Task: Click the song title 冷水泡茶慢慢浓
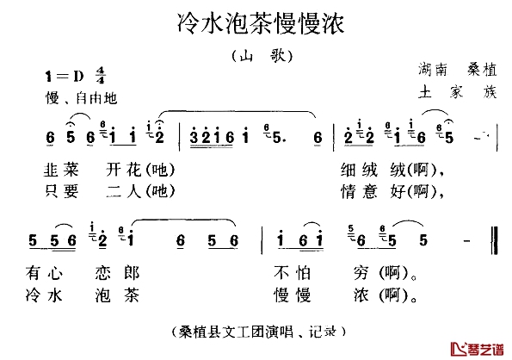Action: (x=261, y=23)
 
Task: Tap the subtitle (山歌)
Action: (x=262, y=56)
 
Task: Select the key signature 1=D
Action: (x=65, y=77)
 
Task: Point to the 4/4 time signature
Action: (x=100, y=76)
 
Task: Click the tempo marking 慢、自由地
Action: (x=81, y=98)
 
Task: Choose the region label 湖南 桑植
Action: (x=458, y=70)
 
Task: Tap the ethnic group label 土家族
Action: (x=458, y=92)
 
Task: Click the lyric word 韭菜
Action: (x=61, y=170)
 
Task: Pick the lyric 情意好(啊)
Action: (x=392, y=191)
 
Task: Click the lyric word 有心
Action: (x=44, y=273)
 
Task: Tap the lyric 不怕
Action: (x=292, y=273)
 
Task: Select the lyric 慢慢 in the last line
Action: (x=292, y=295)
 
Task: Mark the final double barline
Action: (x=495, y=240)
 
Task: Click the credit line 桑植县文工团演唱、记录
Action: (x=259, y=332)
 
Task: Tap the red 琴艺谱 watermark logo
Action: (x=478, y=349)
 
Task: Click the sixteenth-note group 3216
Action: (x=212, y=137)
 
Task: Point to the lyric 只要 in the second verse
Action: (x=61, y=191)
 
